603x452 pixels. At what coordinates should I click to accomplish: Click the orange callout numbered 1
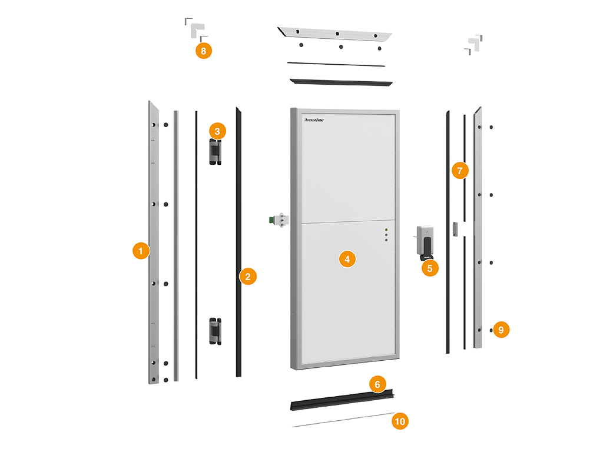click(140, 251)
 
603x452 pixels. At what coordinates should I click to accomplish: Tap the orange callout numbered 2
click(248, 276)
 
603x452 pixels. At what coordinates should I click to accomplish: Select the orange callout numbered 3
click(217, 131)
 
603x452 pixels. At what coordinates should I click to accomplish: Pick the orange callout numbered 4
click(347, 258)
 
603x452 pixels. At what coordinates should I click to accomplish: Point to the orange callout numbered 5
click(430, 268)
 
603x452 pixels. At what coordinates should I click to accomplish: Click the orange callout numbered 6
click(377, 384)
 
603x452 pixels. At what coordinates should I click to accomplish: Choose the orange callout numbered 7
click(460, 171)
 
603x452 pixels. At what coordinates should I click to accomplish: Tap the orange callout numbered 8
click(203, 51)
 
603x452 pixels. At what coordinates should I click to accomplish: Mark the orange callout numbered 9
click(501, 330)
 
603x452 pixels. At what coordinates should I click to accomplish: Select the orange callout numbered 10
click(400, 421)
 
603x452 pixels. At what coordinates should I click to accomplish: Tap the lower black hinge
click(213, 330)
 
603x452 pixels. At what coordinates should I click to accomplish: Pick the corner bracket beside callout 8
click(193, 27)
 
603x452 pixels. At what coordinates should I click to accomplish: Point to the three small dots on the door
click(386, 235)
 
